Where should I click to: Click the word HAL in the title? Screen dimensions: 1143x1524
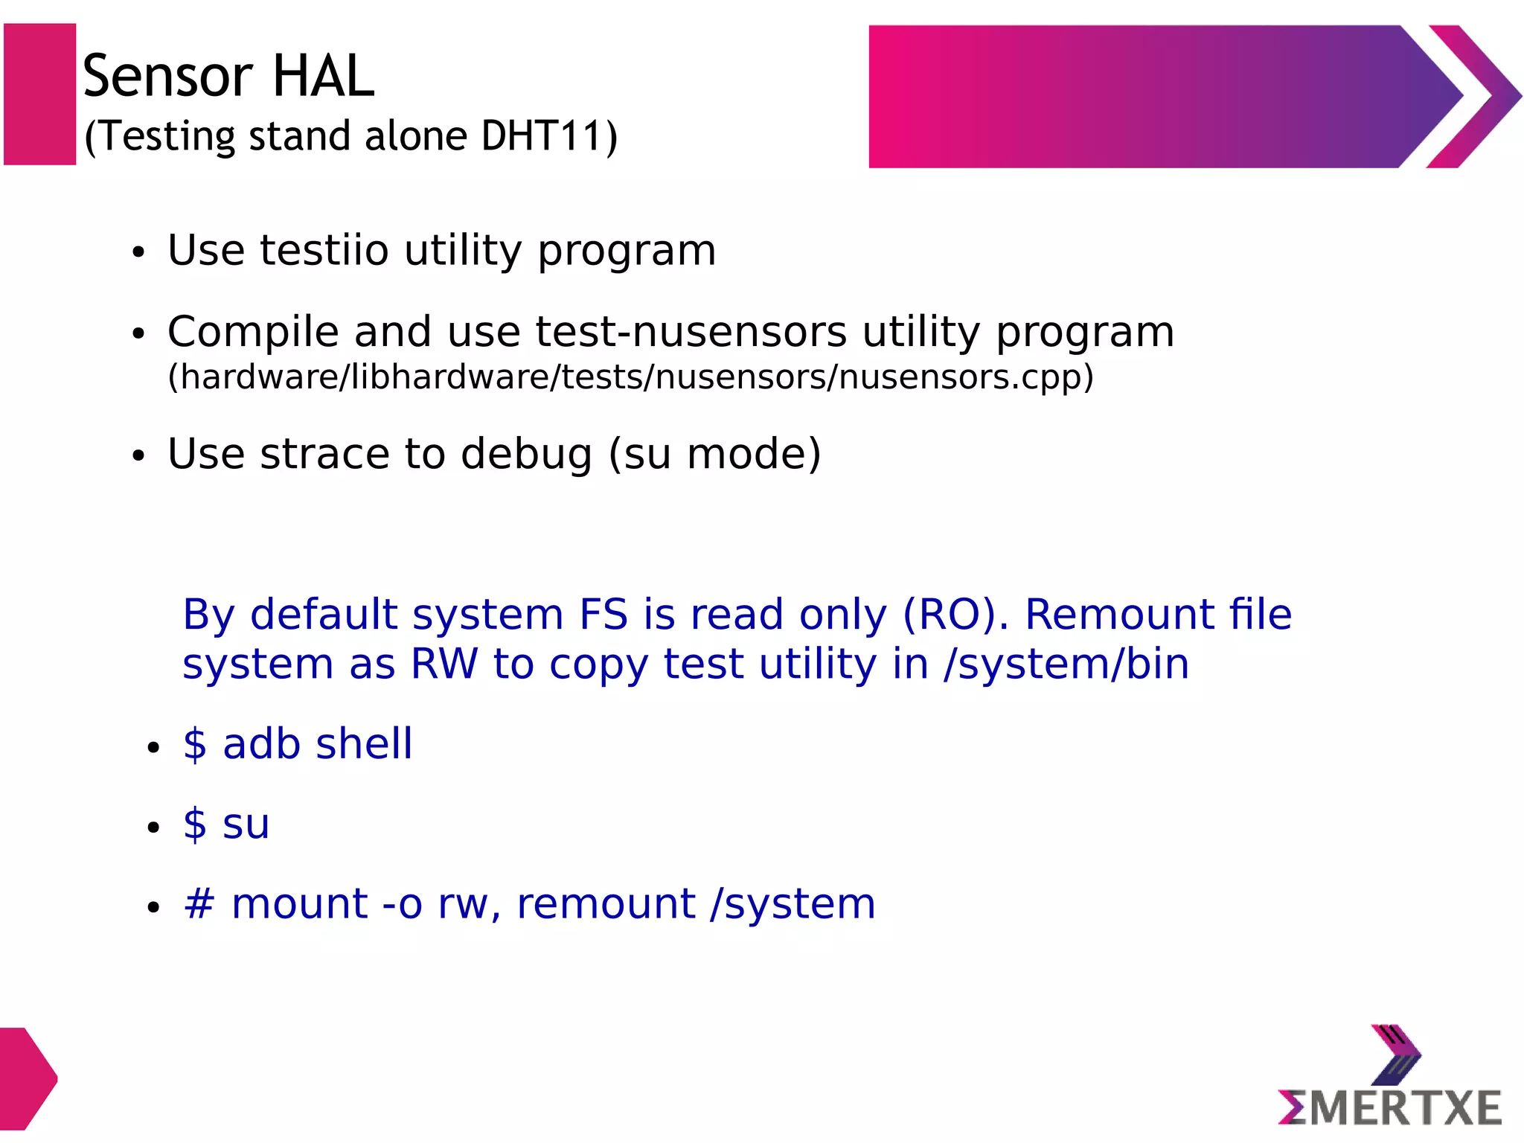(x=323, y=76)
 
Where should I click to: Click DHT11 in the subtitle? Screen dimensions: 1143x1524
(x=542, y=136)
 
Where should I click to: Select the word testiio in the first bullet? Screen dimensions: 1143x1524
(x=324, y=250)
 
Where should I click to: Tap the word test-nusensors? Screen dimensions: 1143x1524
(x=691, y=332)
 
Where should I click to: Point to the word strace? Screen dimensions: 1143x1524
(x=324, y=454)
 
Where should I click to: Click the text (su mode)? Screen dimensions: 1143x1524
(x=714, y=454)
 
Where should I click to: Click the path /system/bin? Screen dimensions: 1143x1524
(x=1066, y=664)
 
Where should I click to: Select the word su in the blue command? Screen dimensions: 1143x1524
(x=246, y=825)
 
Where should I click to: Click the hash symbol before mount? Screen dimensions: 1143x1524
(x=199, y=904)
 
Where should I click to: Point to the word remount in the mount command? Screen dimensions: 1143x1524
(x=606, y=904)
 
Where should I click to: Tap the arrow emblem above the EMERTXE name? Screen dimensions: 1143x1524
(x=1395, y=1055)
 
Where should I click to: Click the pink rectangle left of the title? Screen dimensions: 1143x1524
(x=40, y=95)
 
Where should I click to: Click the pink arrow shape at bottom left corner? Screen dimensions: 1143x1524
(x=25, y=1078)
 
